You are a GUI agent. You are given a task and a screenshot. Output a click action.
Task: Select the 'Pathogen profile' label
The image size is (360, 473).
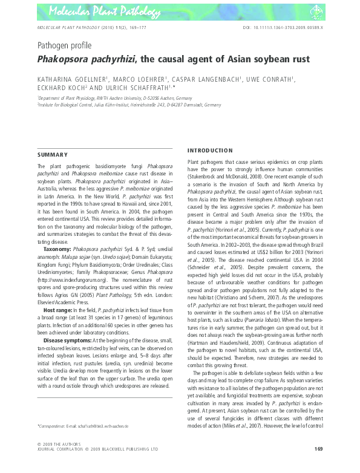point(65,45)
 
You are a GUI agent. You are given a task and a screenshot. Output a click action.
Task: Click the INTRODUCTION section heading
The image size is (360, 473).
point(210,150)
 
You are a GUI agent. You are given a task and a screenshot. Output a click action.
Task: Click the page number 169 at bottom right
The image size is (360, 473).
point(318,448)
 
